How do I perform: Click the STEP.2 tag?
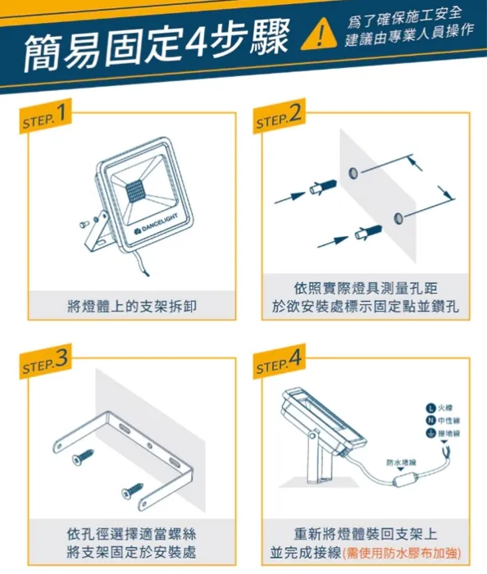[280, 118]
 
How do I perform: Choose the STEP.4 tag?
[280, 362]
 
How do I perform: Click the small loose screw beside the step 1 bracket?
[82, 221]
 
